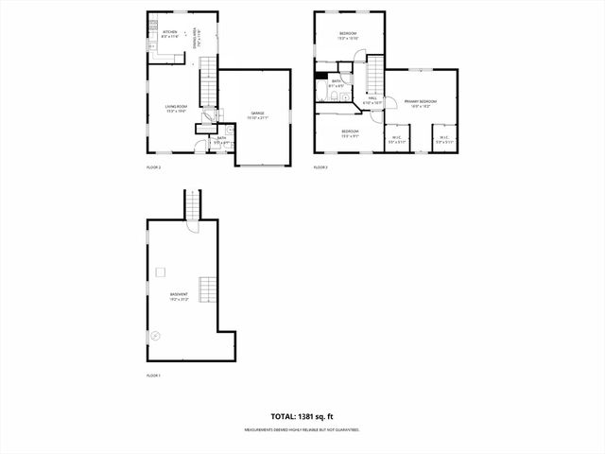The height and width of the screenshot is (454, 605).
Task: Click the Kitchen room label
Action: tap(170, 33)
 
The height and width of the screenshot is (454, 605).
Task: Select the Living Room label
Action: tap(176, 108)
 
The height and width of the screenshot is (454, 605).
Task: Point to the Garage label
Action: tap(257, 115)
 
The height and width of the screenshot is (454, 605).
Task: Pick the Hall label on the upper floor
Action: tap(372, 98)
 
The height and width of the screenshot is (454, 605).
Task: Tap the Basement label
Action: tap(179, 296)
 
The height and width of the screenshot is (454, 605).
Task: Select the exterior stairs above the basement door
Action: tap(193, 203)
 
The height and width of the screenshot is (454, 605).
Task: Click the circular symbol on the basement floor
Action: tap(157, 334)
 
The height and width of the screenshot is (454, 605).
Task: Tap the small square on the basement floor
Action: tap(160, 272)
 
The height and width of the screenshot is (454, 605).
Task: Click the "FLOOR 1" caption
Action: tap(153, 376)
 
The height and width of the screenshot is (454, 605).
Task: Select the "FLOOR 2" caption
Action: tap(153, 167)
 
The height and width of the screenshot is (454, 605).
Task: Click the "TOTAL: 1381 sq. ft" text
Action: tap(302, 415)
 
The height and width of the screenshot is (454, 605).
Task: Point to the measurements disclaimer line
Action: tap(302, 429)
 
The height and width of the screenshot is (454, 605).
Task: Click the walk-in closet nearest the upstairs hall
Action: tap(396, 138)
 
